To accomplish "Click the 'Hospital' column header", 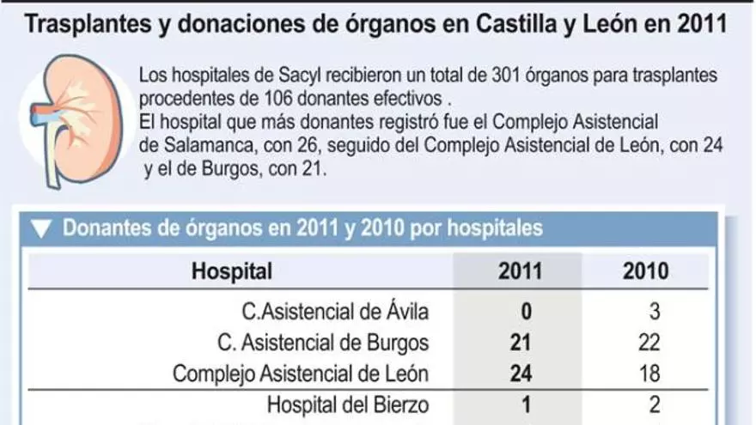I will [x=232, y=272].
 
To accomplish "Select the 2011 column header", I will [x=521, y=272].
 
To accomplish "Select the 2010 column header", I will [x=645, y=272].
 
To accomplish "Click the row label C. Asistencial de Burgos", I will [x=323, y=343].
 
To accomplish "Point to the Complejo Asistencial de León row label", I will [x=301, y=374].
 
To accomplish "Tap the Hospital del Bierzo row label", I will [x=348, y=404].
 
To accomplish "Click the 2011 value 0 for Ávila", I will [x=521, y=312].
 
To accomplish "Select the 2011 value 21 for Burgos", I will [x=521, y=343].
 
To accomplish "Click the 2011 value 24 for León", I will [x=521, y=374].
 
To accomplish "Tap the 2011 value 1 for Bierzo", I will [x=521, y=404].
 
